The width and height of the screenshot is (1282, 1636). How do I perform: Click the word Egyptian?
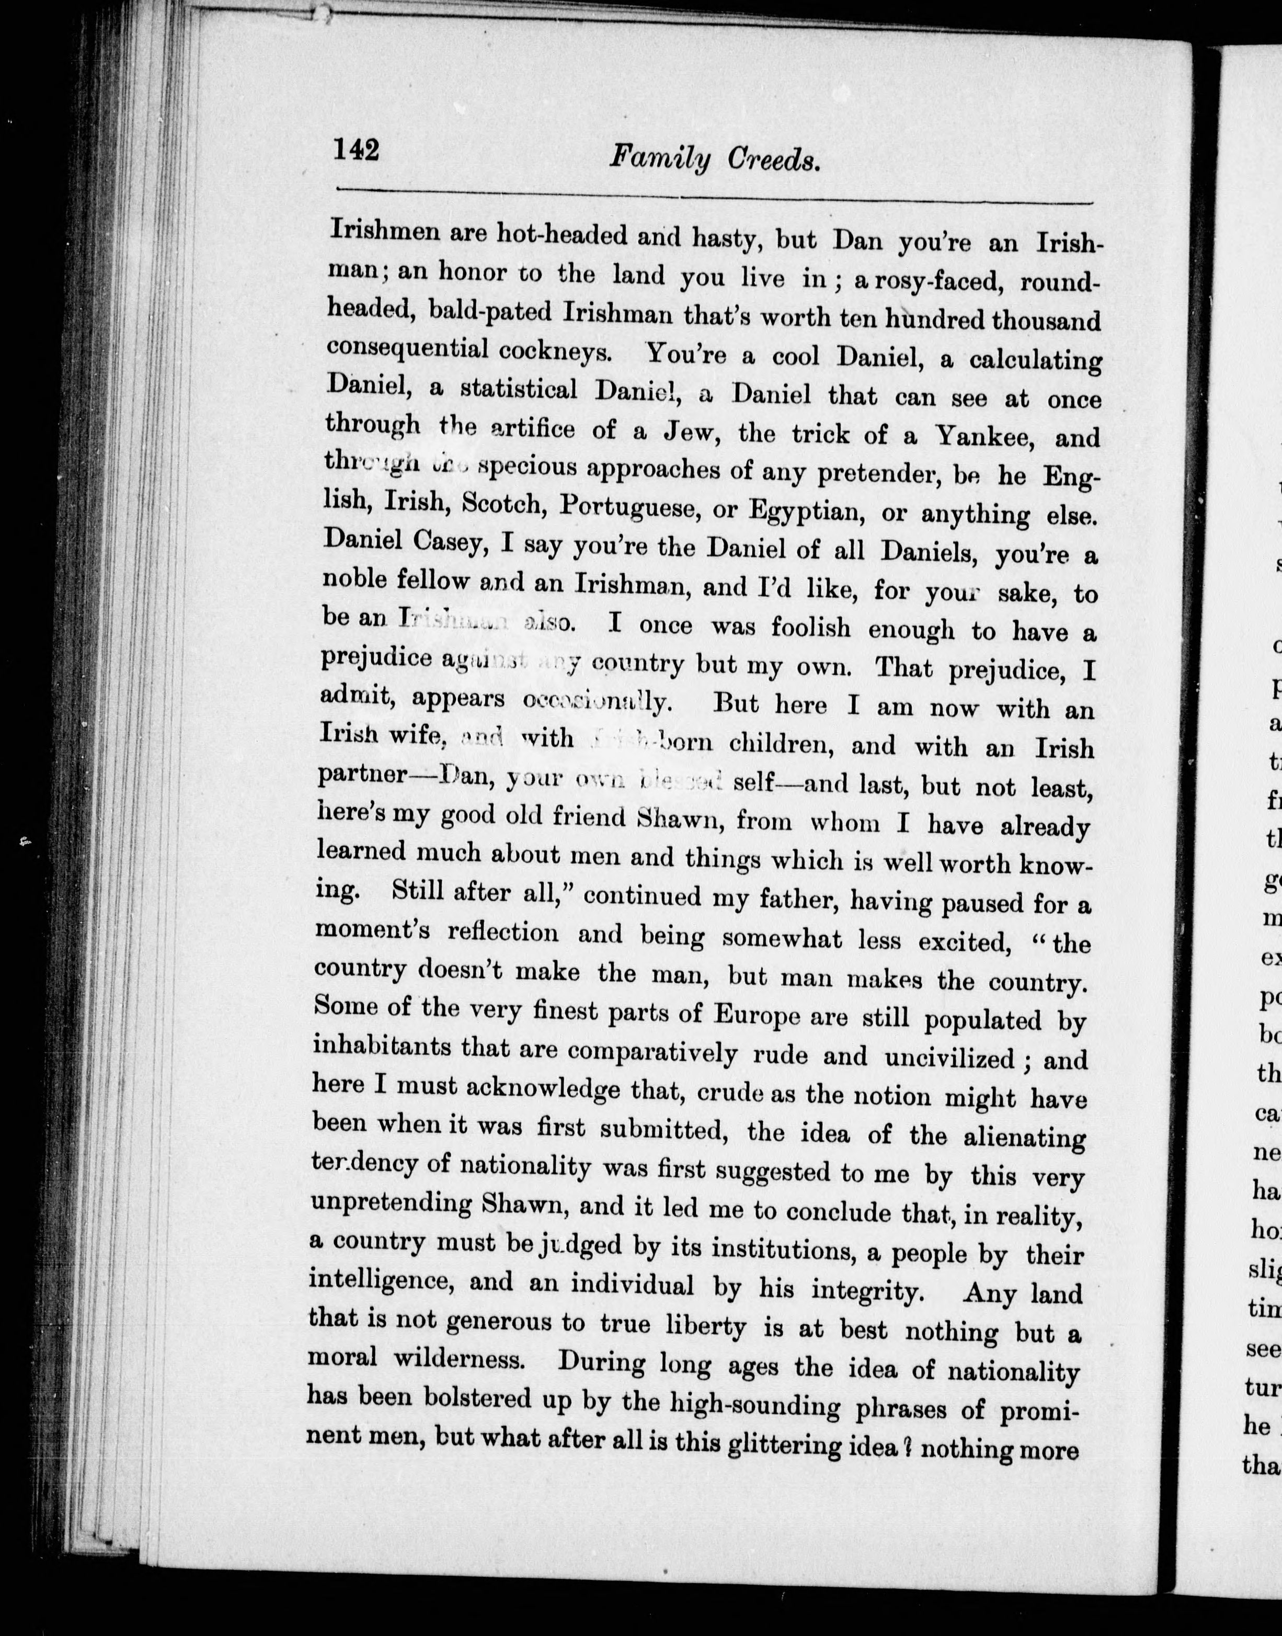pos(804,512)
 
